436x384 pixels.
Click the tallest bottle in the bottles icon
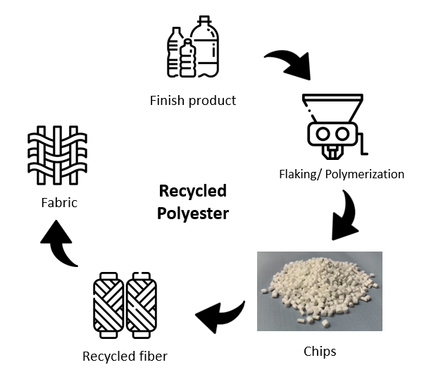(205, 49)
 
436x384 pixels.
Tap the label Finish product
(193, 101)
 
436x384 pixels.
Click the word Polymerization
(370, 173)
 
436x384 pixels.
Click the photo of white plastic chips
(320, 290)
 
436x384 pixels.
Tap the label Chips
(320, 350)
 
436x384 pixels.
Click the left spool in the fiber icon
(108, 306)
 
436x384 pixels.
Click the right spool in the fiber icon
(142, 306)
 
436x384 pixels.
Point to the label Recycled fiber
(125, 356)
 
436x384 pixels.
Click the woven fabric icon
(57, 156)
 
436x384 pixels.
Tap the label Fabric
(58, 203)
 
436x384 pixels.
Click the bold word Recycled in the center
(193, 191)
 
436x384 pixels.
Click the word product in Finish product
(212, 101)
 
